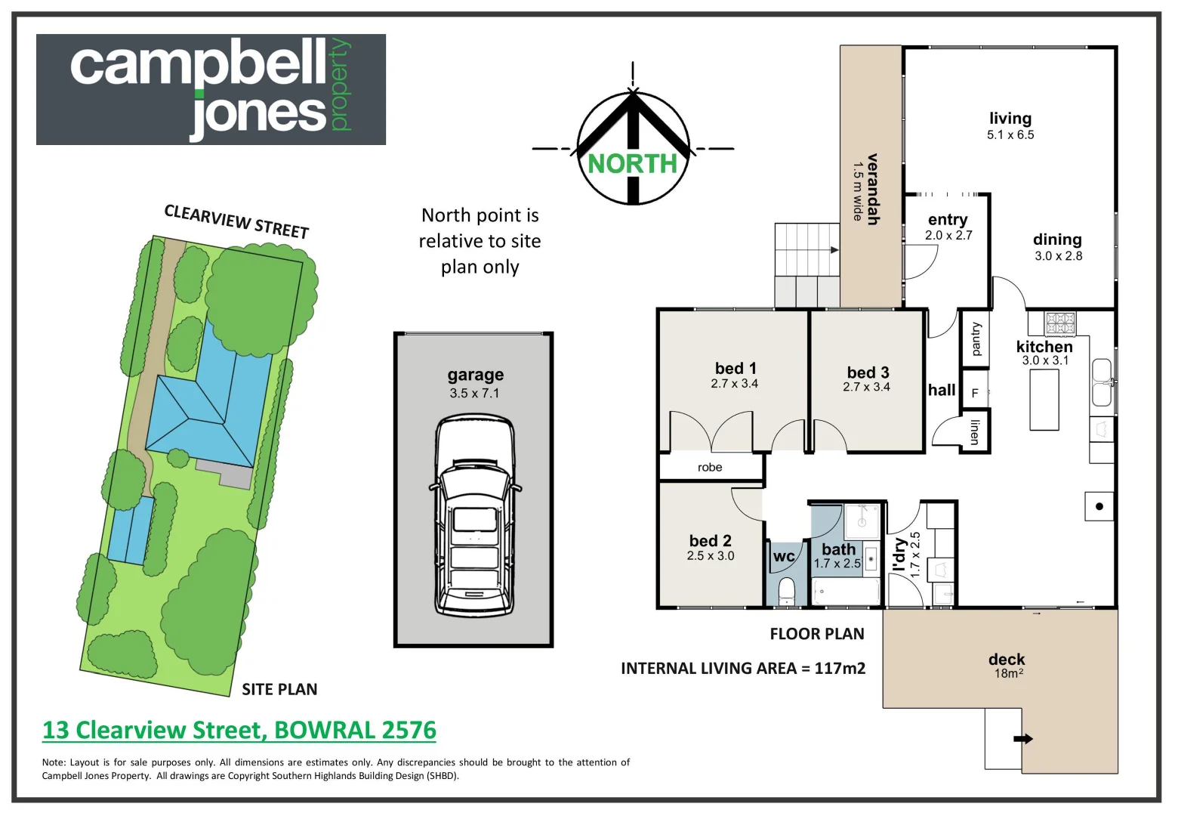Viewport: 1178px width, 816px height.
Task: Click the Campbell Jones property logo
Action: pyautogui.click(x=211, y=89)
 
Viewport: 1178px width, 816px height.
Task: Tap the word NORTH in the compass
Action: pyautogui.click(x=633, y=163)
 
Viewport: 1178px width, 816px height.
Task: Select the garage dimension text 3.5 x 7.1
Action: pyautogui.click(x=474, y=393)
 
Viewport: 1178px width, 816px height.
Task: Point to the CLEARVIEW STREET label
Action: pyautogui.click(x=236, y=221)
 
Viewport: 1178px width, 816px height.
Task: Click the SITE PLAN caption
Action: pyautogui.click(x=279, y=689)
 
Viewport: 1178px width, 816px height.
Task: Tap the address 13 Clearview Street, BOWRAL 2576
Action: pyautogui.click(x=239, y=730)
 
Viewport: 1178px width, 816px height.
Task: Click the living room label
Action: pyautogui.click(x=1010, y=119)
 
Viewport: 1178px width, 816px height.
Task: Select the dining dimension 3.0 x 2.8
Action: pyautogui.click(x=1058, y=256)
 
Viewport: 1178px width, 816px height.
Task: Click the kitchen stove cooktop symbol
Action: pyautogui.click(x=1060, y=323)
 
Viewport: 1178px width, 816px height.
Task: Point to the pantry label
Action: pyautogui.click(x=976, y=339)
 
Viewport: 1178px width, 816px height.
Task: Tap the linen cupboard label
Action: pyautogui.click(x=975, y=431)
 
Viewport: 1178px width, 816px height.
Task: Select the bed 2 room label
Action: pyautogui.click(x=710, y=541)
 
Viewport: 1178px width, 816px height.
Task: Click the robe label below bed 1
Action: pyautogui.click(x=710, y=468)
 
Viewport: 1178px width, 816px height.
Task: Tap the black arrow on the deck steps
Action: pyautogui.click(x=1023, y=739)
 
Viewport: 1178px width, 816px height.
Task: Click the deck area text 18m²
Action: pyautogui.click(x=1008, y=673)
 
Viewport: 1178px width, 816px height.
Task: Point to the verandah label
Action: pyautogui.click(x=873, y=189)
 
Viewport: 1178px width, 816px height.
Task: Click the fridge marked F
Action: pyautogui.click(x=975, y=393)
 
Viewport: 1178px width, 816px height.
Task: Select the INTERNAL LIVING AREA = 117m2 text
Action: pyautogui.click(x=743, y=668)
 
